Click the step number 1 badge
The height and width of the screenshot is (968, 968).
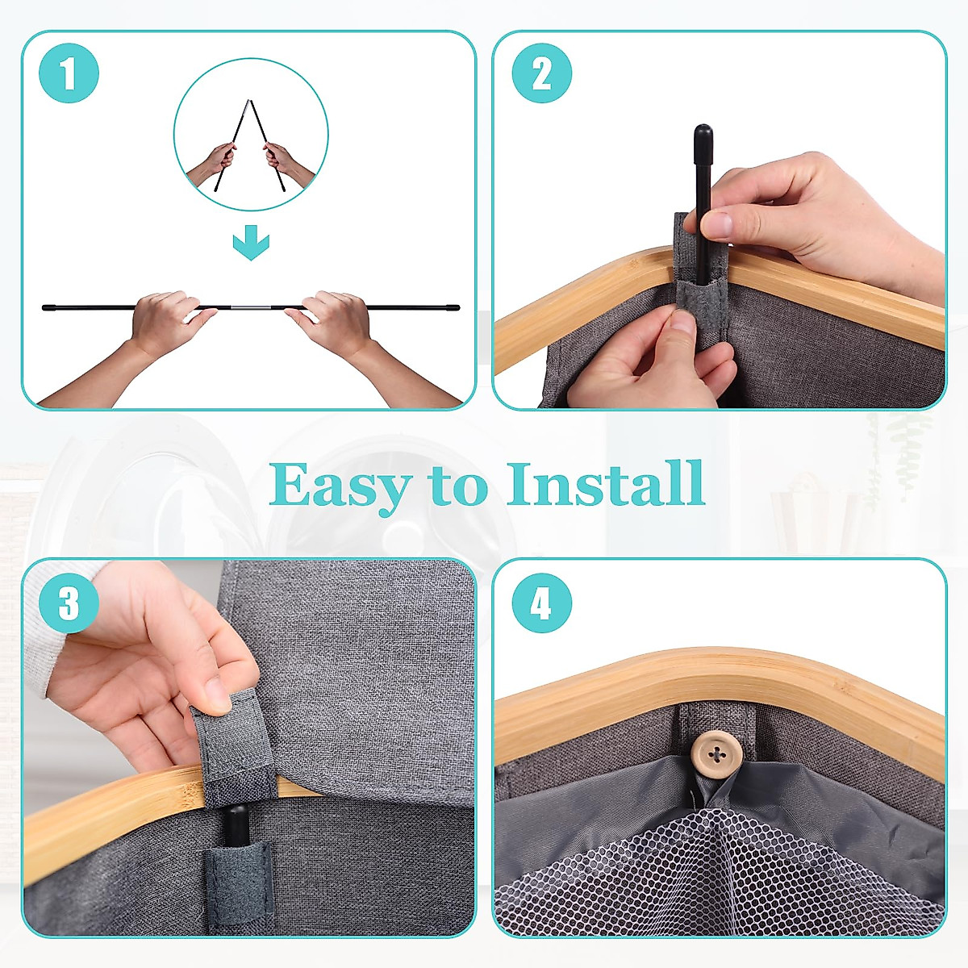(69, 73)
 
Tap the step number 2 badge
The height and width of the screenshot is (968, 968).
(541, 73)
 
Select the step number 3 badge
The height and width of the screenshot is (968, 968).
(69, 603)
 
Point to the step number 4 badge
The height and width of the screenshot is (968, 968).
(541, 603)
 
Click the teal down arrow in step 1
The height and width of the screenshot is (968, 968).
(251, 242)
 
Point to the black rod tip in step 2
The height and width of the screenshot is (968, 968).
(703, 136)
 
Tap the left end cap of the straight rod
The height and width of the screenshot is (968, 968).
(48, 307)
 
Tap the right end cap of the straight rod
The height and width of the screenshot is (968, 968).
(453, 307)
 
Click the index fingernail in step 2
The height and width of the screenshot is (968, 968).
(716, 225)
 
